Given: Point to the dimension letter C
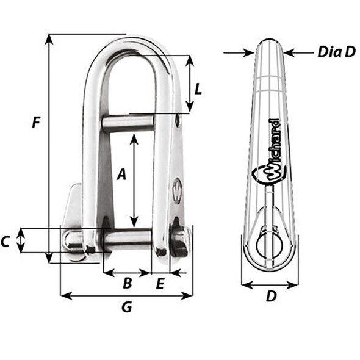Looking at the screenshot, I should tap(6, 242).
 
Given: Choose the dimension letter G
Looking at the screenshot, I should tap(126, 308).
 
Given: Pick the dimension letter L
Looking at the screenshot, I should tap(198, 88).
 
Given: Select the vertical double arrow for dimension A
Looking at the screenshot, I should tap(135, 180).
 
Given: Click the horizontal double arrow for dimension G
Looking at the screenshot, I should tap(126, 296).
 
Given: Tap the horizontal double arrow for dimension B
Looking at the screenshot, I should tap(127, 272).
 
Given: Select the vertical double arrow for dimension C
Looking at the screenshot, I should tap(21, 240).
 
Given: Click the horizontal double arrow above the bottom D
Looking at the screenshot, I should tap(269, 284).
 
